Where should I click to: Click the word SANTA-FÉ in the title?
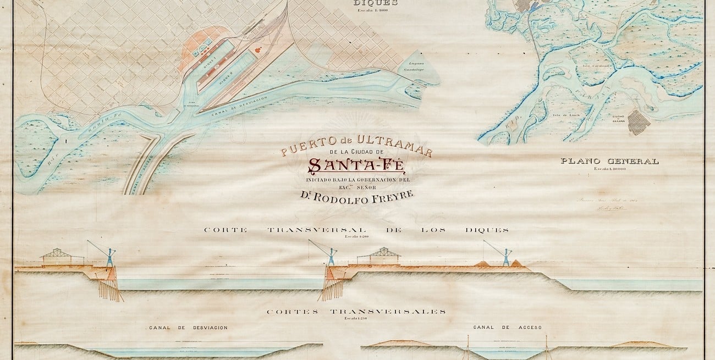(x=356, y=165)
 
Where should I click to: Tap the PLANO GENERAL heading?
(x=609, y=161)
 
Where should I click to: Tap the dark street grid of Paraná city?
(x=639, y=121)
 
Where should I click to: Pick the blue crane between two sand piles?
(x=505, y=256)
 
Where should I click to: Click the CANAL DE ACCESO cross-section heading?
(x=507, y=328)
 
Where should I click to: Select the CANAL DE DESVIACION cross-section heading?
(x=188, y=328)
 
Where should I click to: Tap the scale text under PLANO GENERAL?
(x=609, y=169)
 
